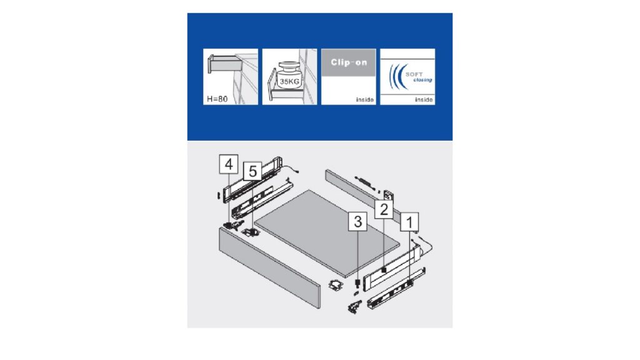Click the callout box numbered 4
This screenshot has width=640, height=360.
[229, 164]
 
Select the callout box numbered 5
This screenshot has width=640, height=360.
[252, 171]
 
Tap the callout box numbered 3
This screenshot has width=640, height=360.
[357, 222]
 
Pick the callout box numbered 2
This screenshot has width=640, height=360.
[384, 209]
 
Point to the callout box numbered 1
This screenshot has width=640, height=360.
[409, 222]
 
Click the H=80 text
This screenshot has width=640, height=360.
[217, 99]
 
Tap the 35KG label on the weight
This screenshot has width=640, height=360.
[289, 81]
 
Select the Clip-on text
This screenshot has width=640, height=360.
[349, 62]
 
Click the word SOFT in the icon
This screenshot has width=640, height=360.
[414, 74]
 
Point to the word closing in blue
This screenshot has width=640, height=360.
[422, 80]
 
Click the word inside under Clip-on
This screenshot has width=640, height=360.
[365, 99]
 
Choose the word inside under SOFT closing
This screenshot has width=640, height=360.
[424, 99]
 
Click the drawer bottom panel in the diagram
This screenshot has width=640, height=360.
[326, 232]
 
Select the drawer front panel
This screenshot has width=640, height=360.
[269, 267]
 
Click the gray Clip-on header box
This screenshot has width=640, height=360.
[349, 62]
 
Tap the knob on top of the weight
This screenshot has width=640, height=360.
[289, 65]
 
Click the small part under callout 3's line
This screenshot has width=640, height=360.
[357, 282]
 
